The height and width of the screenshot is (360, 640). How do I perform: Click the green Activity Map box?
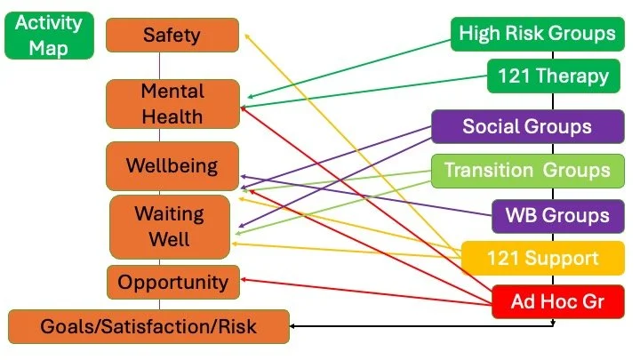(49, 35)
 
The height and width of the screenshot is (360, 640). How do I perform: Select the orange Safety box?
(172, 36)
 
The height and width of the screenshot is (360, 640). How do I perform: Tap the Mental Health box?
(172, 103)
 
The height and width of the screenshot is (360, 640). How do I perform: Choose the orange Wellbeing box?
(172, 166)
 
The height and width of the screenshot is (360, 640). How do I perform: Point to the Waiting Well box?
(169, 227)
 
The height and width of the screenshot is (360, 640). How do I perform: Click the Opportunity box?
(173, 283)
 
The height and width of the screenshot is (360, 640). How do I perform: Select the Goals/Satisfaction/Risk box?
(148, 326)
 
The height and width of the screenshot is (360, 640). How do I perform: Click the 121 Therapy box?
(553, 76)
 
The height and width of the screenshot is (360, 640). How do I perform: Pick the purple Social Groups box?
(526, 126)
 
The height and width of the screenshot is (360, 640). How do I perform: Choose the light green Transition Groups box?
(527, 170)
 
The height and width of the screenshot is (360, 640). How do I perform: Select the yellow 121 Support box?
(542, 258)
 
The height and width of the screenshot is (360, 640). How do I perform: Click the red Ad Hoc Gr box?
(557, 301)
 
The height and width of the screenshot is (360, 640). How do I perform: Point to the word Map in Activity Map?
(49, 47)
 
